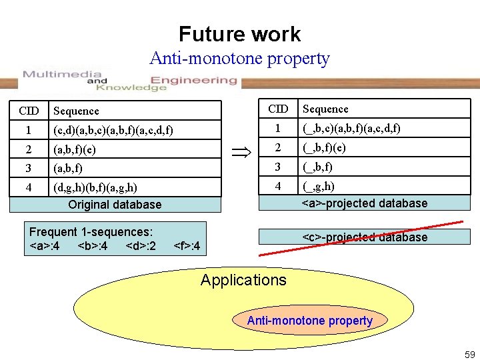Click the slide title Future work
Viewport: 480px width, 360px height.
click(240, 34)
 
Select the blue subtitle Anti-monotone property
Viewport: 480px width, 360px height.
click(240, 58)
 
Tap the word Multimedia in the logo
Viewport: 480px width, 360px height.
click(62, 74)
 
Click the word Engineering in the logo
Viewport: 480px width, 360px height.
click(194, 80)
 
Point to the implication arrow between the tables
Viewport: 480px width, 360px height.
click(241, 152)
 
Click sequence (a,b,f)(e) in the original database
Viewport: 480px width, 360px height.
click(75, 150)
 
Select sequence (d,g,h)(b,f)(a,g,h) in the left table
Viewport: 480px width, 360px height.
click(95, 187)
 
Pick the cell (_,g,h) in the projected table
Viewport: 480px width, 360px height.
click(319, 186)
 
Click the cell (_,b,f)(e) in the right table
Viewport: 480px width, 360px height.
click(324, 148)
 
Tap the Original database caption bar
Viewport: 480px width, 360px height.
click(115, 205)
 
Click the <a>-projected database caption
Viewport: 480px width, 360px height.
click(364, 203)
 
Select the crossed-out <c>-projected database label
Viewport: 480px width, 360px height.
click(364, 237)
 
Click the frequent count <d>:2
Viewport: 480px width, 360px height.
click(141, 245)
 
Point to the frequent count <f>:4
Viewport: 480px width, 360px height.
click(187, 245)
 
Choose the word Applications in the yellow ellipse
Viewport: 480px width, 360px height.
click(244, 280)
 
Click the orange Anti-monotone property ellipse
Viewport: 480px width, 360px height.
click(310, 320)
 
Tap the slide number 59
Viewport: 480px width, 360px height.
click(470, 355)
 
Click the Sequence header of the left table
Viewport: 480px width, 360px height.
click(76, 111)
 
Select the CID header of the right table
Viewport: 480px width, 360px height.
click(278, 109)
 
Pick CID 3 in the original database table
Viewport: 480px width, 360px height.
click(29, 168)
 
